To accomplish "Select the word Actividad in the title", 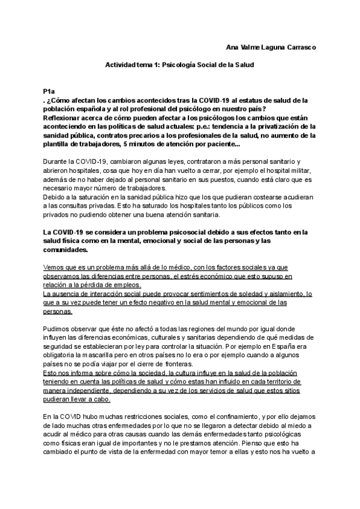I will click(121, 64).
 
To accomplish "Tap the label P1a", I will click(50, 91).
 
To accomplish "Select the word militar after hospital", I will click(295, 172).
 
